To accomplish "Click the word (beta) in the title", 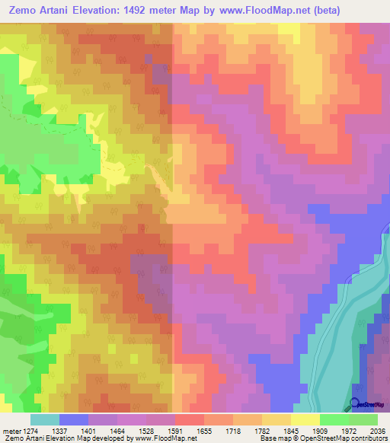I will point(321,10).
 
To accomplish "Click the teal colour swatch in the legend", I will point(44,419).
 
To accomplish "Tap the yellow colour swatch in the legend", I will point(305,419).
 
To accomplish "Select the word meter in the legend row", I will point(10,430).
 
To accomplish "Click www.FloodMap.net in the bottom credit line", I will point(160,438).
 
